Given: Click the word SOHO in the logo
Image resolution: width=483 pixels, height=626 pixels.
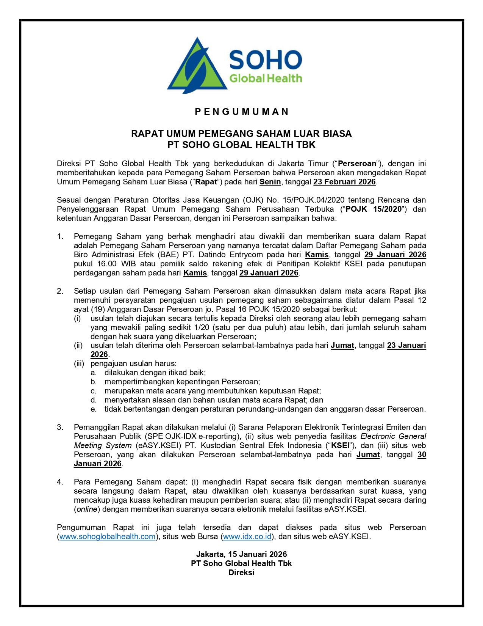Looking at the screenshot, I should point(266,60).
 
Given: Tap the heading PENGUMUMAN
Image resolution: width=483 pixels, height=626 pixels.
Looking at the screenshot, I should point(241,112).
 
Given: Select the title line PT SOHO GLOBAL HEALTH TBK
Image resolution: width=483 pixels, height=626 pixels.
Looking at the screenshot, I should point(241,145).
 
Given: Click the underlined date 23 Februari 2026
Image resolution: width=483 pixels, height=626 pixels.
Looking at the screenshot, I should point(344,182).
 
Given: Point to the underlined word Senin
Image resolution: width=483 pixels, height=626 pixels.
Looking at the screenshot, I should point(270,182).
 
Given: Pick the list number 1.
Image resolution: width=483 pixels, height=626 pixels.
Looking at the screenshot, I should point(60,236).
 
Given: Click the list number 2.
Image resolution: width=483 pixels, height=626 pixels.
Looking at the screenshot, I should point(60,291).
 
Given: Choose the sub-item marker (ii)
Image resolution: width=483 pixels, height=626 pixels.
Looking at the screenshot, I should point(78,346).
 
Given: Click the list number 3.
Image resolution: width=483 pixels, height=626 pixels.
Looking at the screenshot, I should point(60,428).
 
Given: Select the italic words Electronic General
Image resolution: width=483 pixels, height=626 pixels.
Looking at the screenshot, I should point(393,437).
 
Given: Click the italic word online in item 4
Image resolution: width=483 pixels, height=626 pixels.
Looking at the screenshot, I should point(87,510).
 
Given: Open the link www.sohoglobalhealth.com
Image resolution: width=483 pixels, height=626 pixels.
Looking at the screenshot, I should point(108,537).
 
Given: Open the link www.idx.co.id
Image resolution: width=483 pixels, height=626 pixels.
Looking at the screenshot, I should point(247,537).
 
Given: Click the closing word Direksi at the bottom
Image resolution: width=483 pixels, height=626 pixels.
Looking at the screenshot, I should point(241,573).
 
